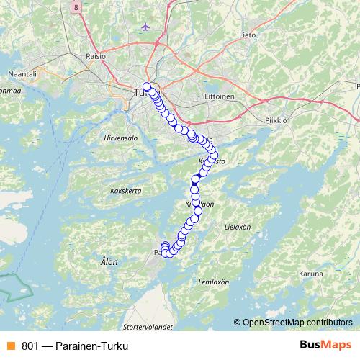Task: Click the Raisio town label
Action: (96, 55)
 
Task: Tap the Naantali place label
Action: (21, 74)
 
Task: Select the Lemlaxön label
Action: (213, 282)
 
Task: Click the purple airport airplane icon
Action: (148, 27)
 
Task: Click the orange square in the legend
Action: (10, 346)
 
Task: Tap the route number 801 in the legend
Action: (30, 346)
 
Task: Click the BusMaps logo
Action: (325, 346)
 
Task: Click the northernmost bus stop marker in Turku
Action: (147, 87)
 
